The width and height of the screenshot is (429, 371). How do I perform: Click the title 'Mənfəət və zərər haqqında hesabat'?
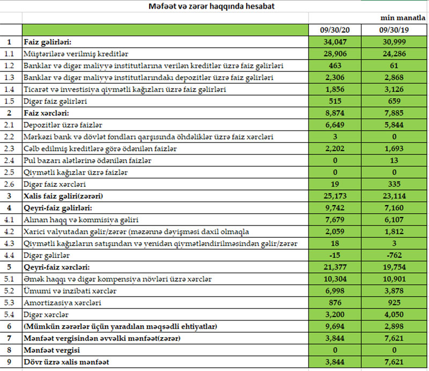(x=213, y=6)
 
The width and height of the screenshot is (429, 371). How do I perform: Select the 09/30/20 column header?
(x=336, y=30)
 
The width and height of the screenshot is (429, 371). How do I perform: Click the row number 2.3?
(x=9, y=148)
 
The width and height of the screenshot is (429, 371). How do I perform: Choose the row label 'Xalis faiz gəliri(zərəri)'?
(x=63, y=195)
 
